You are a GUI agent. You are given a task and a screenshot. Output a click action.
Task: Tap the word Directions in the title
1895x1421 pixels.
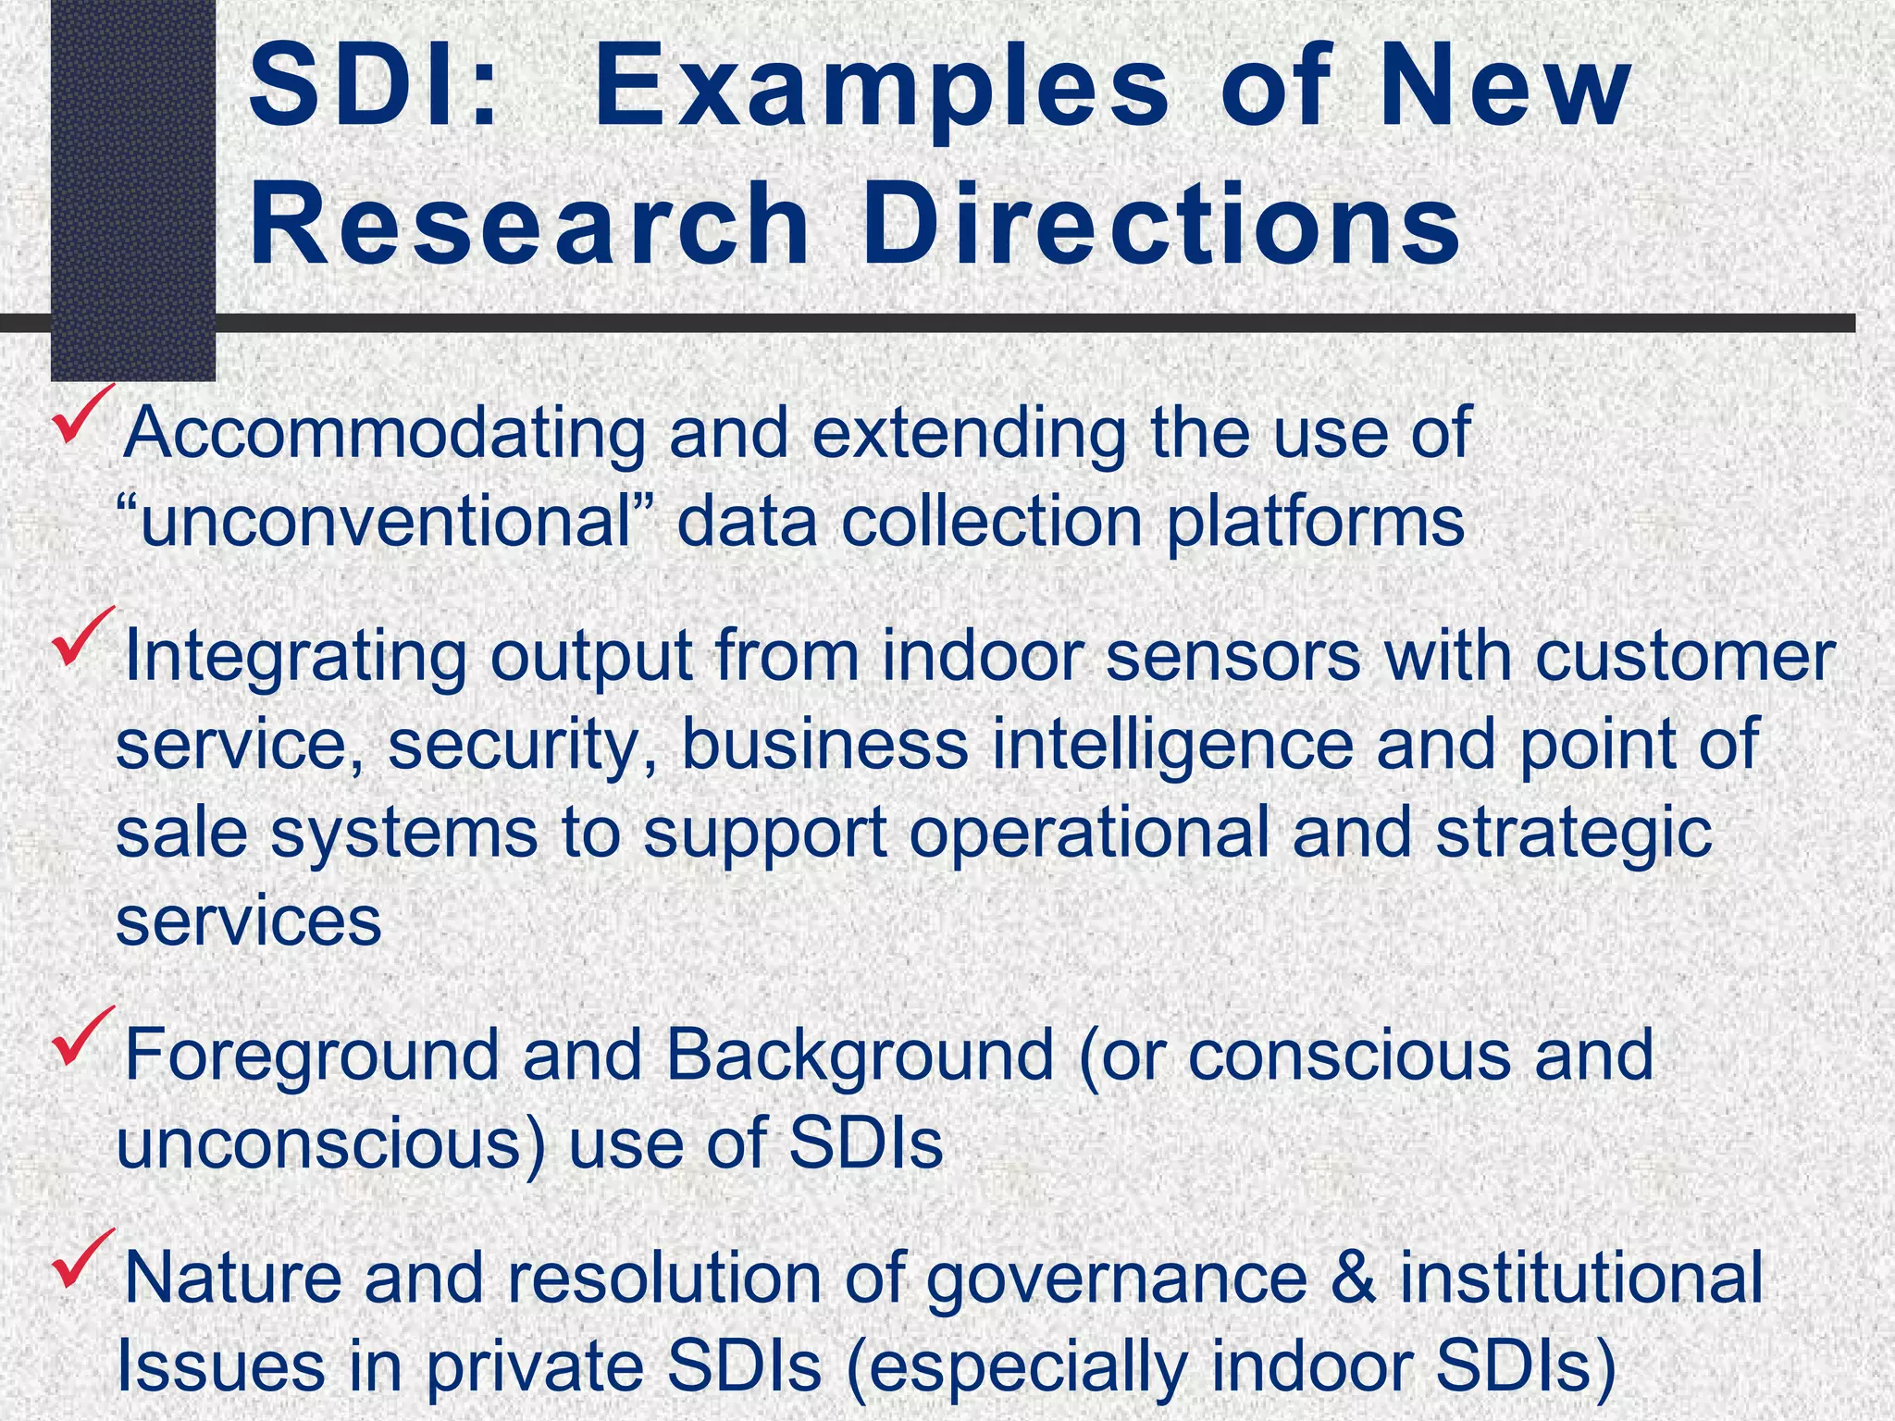(x=1161, y=225)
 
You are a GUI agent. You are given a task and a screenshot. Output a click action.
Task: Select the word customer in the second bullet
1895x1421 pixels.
(x=1685, y=656)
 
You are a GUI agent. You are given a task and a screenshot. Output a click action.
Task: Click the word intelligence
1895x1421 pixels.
(x=1171, y=746)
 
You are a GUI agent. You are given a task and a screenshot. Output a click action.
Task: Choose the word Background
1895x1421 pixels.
(x=860, y=1055)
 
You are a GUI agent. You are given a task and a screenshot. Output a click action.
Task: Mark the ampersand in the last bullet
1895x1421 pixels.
(x=1353, y=1278)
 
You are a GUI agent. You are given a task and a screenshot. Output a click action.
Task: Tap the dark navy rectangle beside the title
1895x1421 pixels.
(x=132, y=185)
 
